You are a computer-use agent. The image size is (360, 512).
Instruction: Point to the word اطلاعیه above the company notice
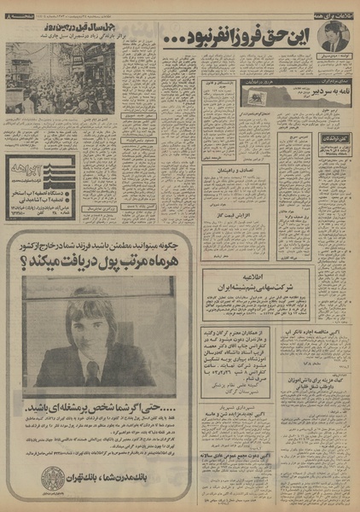click(x=258, y=275)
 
